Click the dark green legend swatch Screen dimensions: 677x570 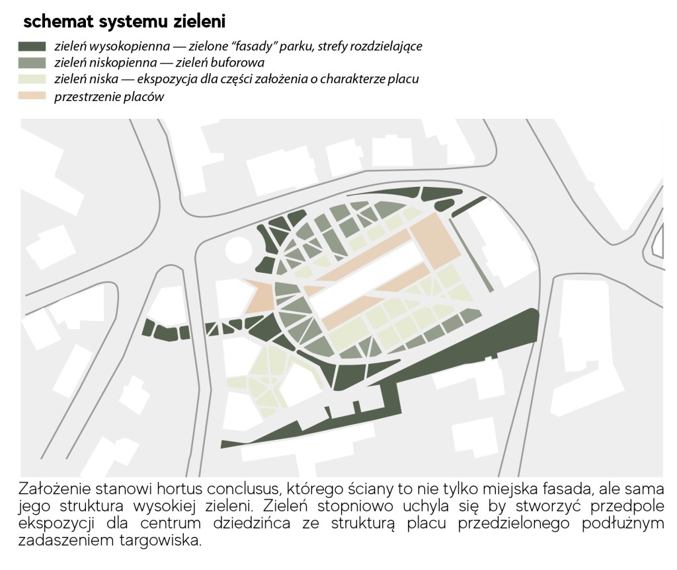tap(32, 47)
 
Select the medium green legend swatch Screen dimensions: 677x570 tap(32, 63)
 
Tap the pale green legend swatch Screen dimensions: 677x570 tap(32, 79)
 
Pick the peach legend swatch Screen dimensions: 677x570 tap(32, 96)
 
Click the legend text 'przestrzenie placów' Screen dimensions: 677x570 tap(109, 96)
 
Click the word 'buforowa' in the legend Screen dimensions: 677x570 tap(237, 63)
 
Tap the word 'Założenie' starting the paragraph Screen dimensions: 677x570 tap(54, 489)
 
